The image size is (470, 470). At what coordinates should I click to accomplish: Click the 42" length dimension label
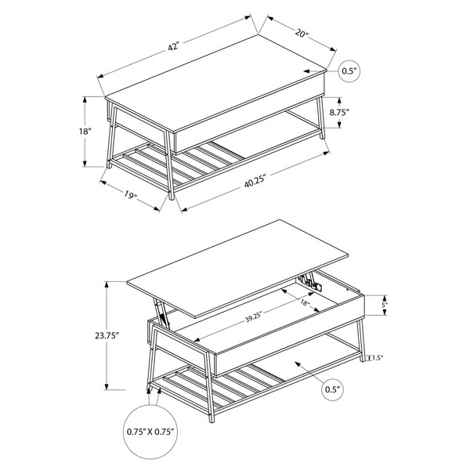point(173,47)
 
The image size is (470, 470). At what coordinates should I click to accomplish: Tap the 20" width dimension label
point(302,33)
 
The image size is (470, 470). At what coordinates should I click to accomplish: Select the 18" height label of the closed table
point(85,131)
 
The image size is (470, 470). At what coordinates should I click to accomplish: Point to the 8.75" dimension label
point(340,112)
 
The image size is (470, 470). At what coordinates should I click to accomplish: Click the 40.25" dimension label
point(255,182)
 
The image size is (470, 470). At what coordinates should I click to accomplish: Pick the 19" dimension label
point(130,194)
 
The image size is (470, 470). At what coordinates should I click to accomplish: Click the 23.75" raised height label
point(107,336)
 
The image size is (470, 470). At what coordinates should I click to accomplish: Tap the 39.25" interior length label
point(254,318)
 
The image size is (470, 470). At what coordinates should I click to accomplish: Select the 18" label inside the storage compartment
point(304,302)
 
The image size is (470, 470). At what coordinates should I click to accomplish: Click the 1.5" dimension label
point(378,358)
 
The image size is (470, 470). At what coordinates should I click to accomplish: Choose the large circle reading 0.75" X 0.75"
point(150,432)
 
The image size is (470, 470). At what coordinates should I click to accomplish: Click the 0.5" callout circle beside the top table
point(349,71)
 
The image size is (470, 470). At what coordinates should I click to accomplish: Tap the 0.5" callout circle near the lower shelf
point(333,389)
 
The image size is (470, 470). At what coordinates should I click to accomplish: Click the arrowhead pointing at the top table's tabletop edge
point(306,71)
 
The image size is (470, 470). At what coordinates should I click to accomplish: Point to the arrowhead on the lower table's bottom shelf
point(298,364)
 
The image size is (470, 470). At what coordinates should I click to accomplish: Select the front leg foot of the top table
point(172,197)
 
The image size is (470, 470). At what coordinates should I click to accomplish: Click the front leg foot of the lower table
point(212,419)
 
